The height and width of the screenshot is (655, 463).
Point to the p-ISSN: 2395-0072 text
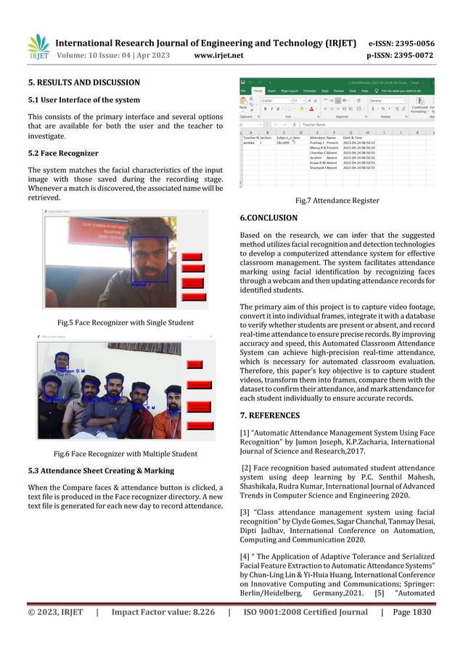411,54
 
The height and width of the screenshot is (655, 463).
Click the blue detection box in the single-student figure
149,259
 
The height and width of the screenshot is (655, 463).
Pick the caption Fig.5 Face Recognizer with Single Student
125,322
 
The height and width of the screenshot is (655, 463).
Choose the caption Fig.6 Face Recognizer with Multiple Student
125,454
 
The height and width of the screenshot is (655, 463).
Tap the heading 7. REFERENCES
269,415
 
